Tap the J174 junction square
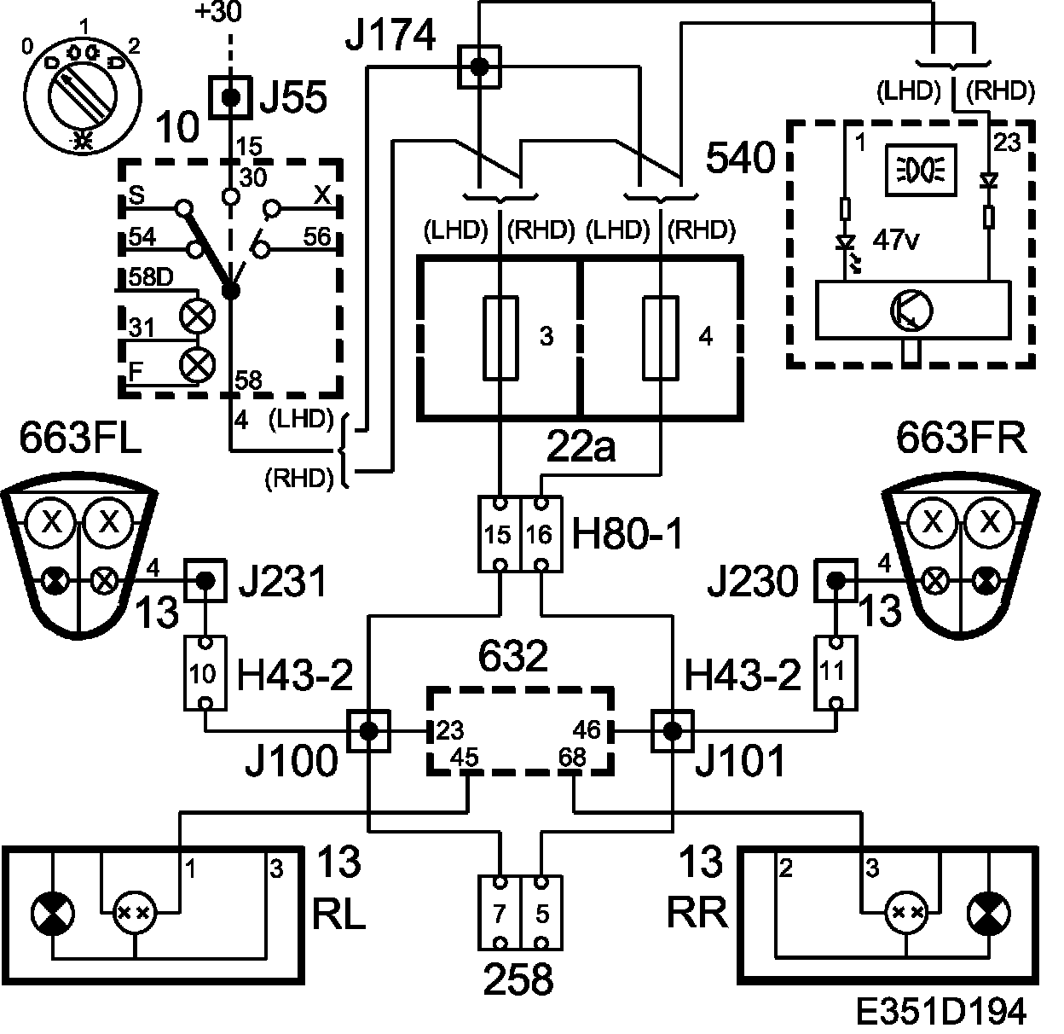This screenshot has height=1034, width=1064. [x=479, y=67]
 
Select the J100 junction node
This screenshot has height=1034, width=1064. [x=369, y=730]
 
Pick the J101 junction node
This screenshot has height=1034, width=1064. [x=673, y=730]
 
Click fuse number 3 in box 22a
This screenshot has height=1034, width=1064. [x=500, y=338]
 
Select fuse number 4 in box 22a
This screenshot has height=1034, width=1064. [x=661, y=338]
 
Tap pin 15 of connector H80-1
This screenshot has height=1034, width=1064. [x=499, y=535]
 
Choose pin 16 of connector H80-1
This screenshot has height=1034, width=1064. [x=541, y=535]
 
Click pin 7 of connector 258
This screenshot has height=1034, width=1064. [x=500, y=914]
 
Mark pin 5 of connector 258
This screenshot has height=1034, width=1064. [x=541, y=914]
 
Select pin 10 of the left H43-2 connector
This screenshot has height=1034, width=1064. [x=205, y=674]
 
